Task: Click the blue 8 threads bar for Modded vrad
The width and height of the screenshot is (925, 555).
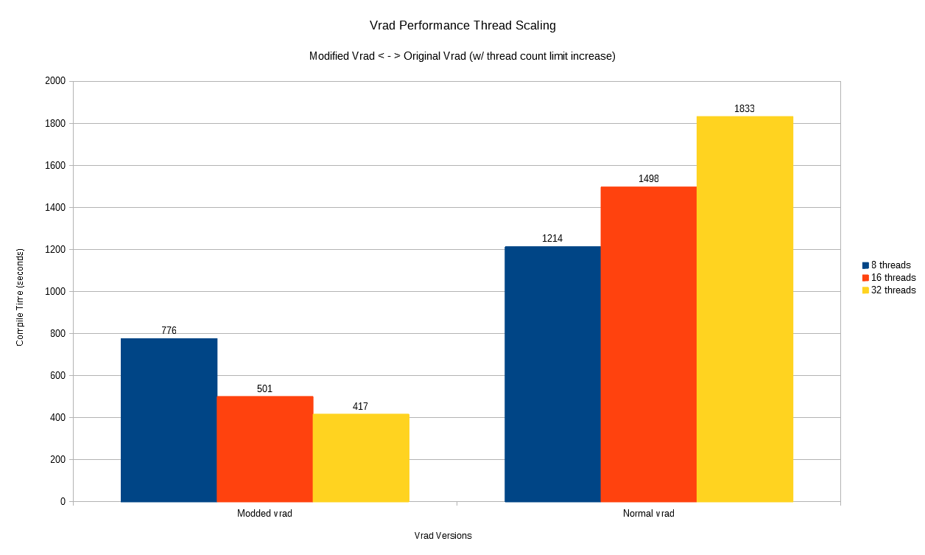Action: (169, 420)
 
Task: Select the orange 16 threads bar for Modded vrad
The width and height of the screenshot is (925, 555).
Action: (265, 449)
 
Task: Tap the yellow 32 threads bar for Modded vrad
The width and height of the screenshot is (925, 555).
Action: (361, 458)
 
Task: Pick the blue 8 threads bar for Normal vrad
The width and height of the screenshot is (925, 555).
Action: (552, 374)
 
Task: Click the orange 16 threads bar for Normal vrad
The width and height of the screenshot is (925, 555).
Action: (649, 344)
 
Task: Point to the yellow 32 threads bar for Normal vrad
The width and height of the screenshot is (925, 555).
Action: (745, 309)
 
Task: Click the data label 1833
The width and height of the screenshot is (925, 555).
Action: (745, 109)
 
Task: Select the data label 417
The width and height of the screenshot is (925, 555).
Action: (360, 407)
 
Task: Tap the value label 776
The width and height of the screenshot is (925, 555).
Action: (169, 331)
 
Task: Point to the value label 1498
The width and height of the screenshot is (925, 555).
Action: (649, 179)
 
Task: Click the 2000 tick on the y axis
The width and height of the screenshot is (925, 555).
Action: (55, 81)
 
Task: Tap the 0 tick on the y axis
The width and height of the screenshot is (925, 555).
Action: (63, 502)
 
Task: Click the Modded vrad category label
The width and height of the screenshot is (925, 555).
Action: (264, 514)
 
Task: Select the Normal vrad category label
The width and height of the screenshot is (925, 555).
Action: (648, 514)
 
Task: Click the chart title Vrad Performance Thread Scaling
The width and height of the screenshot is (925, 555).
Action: (462, 26)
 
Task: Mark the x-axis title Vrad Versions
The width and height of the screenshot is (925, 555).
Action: (443, 536)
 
